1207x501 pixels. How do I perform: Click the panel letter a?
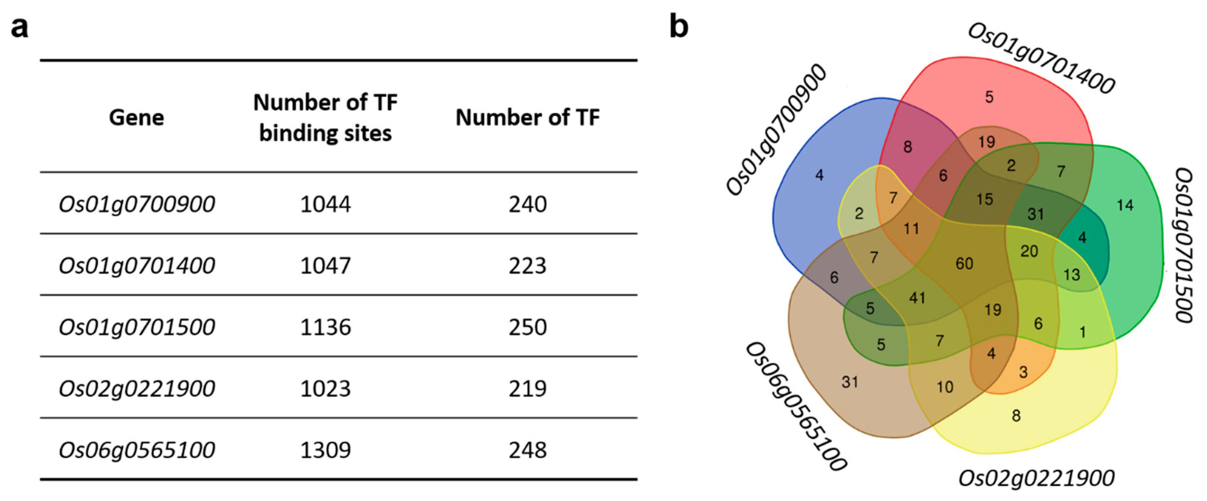click(x=20, y=27)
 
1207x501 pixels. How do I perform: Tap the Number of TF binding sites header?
click(x=325, y=118)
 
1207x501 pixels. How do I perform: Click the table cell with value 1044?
click(x=325, y=204)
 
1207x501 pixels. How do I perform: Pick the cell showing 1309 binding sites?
click(x=325, y=450)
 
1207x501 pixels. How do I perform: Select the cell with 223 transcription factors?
click(x=527, y=265)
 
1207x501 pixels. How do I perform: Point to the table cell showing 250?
click(x=527, y=327)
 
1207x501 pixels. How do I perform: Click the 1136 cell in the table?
click(x=325, y=327)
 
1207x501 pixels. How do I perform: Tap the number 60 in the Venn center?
click(x=964, y=264)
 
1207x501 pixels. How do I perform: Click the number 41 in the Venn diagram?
click(x=917, y=298)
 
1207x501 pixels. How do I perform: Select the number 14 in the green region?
click(x=1125, y=205)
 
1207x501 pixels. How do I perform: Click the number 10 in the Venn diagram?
click(x=945, y=387)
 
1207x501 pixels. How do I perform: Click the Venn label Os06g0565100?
click(x=796, y=405)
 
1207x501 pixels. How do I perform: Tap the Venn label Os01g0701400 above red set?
click(x=1041, y=58)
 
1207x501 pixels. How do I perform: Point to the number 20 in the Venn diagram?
click(x=1029, y=251)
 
